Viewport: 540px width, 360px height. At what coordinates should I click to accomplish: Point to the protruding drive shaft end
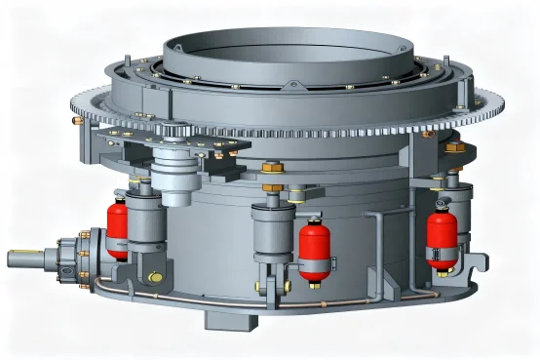(24, 260)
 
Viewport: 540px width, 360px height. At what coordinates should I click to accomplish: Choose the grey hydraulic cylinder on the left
(146, 219)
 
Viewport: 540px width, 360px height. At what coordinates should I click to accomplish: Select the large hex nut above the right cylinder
(453, 146)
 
